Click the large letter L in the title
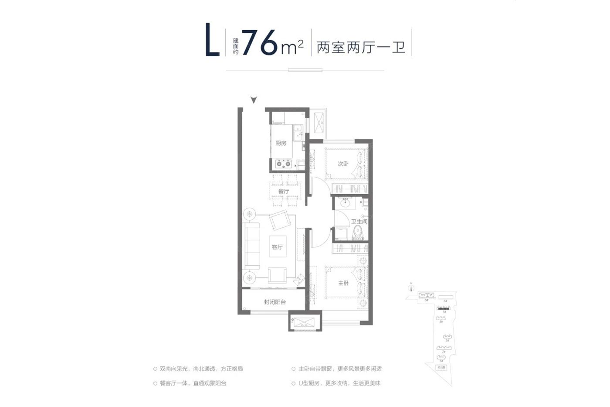click(x=213, y=42)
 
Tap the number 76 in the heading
click(x=260, y=43)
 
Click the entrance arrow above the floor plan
click(x=254, y=100)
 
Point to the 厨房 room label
click(x=281, y=143)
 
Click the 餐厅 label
click(x=284, y=191)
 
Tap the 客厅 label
click(x=278, y=247)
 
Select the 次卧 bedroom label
click(x=343, y=164)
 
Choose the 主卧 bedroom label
click(x=343, y=283)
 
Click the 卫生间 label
click(x=359, y=222)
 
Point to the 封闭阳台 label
click(x=275, y=302)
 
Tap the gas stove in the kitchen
click(x=284, y=164)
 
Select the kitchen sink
click(x=298, y=133)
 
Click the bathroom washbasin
click(x=346, y=202)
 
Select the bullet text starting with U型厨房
click(x=340, y=383)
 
